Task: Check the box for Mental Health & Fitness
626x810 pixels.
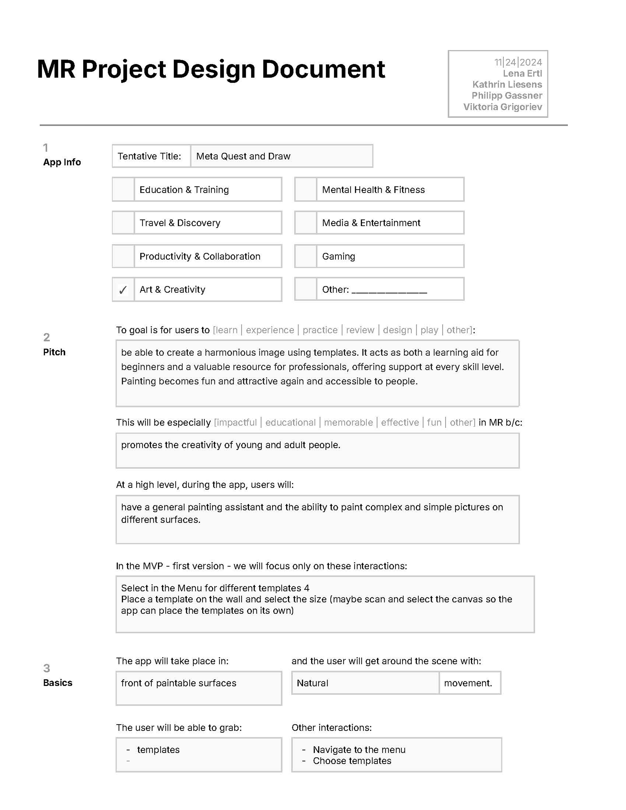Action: (306, 190)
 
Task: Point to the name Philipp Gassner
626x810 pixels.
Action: (507, 96)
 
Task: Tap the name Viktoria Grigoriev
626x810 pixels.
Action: (503, 107)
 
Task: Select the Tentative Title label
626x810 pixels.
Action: (149, 156)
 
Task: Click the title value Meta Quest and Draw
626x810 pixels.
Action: (243, 156)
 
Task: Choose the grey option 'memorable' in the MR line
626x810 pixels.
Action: (348, 422)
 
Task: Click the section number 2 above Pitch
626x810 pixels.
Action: (46, 337)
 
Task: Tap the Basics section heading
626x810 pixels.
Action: (57, 683)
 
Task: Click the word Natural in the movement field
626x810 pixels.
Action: (312, 683)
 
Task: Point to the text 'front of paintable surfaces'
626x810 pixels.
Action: (178, 683)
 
